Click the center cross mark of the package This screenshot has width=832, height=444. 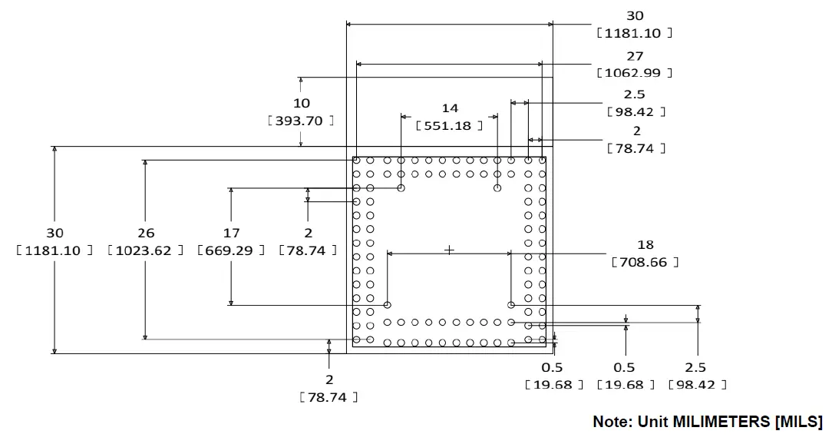click(x=450, y=250)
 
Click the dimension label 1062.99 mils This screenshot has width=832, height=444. click(x=634, y=73)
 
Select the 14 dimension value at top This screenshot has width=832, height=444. click(x=450, y=108)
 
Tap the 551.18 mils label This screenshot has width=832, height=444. click(x=449, y=125)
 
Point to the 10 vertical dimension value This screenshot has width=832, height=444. click(x=302, y=103)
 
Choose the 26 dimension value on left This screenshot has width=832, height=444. click(x=146, y=233)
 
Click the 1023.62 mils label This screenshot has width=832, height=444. click(x=146, y=250)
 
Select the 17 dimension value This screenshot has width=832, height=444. click(x=231, y=233)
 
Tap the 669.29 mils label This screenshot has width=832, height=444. click(x=231, y=250)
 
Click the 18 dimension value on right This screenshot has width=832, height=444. click(x=645, y=244)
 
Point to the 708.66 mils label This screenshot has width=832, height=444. click(x=645, y=262)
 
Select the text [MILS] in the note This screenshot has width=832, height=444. click(x=798, y=422)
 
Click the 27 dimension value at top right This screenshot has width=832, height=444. click(x=635, y=56)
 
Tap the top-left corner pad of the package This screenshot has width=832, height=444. click(x=357, y=161)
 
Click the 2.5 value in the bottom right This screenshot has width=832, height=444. click(x=696, y=367)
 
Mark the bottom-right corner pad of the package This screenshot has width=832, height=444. click(x=542, y=340)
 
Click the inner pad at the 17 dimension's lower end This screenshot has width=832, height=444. click(x=388, y=305)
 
